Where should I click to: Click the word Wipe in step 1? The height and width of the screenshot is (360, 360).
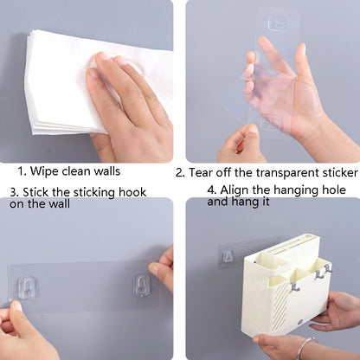click(43, 171)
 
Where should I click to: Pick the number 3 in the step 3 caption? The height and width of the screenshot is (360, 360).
click(13, 192)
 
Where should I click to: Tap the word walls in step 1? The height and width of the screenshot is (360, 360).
click(107, 171)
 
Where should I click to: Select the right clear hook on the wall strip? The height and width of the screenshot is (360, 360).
click(142, 285)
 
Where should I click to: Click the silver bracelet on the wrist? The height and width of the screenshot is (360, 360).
click(306, 347)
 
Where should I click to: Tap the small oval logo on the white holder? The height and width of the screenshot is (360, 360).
click(301, 322)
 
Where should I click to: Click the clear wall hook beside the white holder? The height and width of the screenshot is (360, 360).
click(228, 256)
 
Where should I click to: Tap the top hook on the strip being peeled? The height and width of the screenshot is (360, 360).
click(277, 24)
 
